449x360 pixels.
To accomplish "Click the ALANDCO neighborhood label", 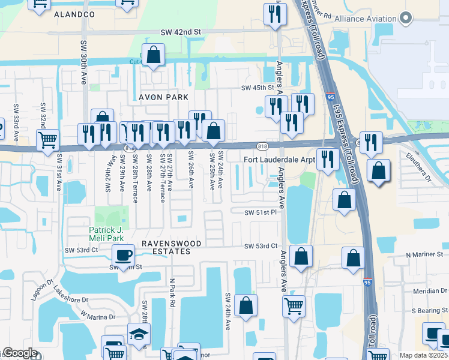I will click(x=74, y=13).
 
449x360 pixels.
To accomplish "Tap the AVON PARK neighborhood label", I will click(x=164, y=97).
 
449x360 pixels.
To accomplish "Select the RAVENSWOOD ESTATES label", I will click(x=166, y=247).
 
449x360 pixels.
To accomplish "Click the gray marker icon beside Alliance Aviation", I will click(x=406, y=19).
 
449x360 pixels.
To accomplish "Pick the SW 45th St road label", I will click(x=261, y=88).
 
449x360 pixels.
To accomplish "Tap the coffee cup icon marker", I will click(x=124, y=254).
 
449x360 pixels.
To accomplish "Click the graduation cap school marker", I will click(x=139, y=334).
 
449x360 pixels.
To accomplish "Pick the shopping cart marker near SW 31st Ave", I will click(x=47, y=140).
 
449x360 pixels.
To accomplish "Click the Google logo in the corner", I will click(x=20, y=353).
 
